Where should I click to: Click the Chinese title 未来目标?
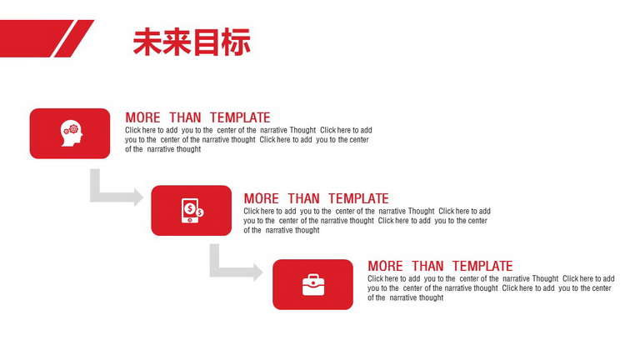[x=192, y=42]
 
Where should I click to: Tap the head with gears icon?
[x=72, y=133]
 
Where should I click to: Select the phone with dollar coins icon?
[x=192, y=211]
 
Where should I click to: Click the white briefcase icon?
[x=313, y=284]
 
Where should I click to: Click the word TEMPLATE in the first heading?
[x=240, y=117]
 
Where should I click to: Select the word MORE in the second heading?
[x=261, y=198]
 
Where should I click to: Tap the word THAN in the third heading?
[x=427, y=266]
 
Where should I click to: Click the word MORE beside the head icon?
[x=142, y=117]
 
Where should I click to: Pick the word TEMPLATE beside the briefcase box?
[x=482, y=266]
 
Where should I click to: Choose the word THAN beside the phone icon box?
[x=303, y=198]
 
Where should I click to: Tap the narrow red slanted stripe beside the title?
[x=74, y=38]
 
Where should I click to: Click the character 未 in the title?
[x=147, y=42]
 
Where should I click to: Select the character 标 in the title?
[x=237, y=42]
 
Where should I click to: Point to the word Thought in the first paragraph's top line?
[x=302, y=130]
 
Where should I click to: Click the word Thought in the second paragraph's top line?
[x=421, y=211]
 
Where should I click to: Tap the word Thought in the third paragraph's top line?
[x=545, y=278]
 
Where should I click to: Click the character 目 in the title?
[x=207, y=42]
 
